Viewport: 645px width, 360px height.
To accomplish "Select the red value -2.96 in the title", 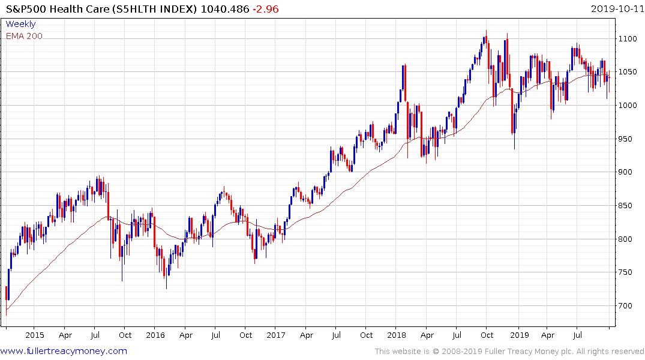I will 265,9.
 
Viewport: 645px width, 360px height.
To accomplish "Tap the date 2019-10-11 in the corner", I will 616,9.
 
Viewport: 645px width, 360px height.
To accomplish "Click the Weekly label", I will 20,24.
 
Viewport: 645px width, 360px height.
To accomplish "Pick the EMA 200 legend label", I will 24,36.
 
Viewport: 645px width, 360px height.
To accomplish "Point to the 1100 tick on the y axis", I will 628,38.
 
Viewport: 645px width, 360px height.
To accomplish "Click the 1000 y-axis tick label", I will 628,106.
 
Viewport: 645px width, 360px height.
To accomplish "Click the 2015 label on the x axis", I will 35,335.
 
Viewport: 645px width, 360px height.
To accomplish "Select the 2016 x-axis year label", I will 155,335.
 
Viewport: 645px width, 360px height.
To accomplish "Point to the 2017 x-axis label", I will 276,335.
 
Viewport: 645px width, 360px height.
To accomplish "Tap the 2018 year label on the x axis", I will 397,335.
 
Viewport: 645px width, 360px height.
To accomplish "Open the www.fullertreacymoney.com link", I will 64,351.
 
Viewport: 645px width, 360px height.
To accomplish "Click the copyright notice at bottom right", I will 509,352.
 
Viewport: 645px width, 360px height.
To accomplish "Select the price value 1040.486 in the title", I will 226,9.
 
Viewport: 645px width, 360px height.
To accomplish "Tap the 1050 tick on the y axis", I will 628,72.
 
